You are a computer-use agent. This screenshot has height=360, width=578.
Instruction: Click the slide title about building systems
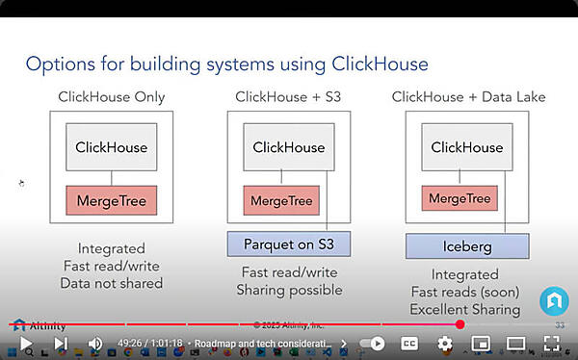(226, 64)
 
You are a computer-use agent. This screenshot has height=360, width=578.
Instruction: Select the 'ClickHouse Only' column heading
(111, 96)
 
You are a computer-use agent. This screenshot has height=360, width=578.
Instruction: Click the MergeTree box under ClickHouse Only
(111, 201)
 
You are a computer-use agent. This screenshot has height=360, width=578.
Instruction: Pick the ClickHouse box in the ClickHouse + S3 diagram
(288, 147)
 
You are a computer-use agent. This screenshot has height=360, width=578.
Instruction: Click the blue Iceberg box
(467, 245)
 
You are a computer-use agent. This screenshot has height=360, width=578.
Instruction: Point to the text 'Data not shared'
(111, 283)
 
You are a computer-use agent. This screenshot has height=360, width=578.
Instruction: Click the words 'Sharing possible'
(289, 290)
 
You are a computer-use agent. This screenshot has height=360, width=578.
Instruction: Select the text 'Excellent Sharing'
(465, 309)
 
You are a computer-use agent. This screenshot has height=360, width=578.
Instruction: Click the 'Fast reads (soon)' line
(465, 292)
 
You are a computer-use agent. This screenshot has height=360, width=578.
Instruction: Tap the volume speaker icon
(95, 344)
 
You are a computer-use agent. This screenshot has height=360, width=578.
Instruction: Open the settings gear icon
(444, 344)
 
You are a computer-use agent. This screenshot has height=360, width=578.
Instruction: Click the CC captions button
(408, 344)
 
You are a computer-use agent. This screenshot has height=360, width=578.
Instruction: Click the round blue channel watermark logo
(553, 300)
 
